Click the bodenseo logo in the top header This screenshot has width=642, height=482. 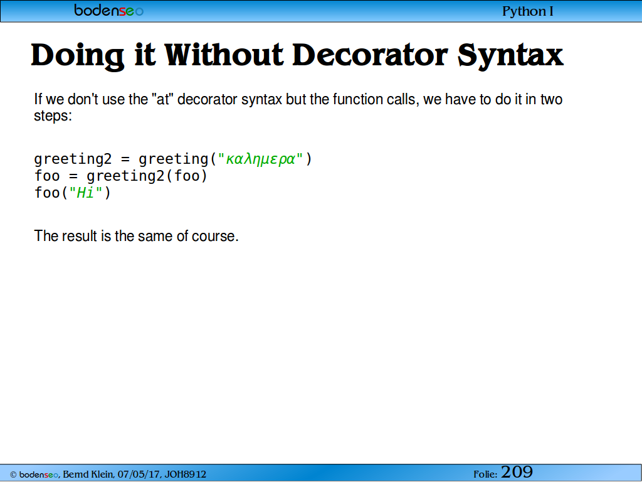(x=109, y=10)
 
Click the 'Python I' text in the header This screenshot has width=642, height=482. (x=528, y=11)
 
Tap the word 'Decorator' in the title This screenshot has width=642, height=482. (x=370, y=55)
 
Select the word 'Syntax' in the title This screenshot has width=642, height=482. (x=510, y=56)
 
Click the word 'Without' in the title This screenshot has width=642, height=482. (x=224, y=55)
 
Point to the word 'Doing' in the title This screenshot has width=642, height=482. (x=77, y=56)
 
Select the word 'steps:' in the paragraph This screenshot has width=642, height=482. (x=53, y=116)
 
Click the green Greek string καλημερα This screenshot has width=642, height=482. (x=260, y=159)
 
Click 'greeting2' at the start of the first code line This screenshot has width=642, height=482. (x=73, y=159)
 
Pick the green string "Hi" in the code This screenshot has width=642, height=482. (x=85, y=193)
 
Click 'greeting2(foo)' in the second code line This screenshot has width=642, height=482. (x=147, y=176)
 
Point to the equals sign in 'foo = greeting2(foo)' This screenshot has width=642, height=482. (x=73, y=176)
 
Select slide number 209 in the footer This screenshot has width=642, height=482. (x=517, y=472)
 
